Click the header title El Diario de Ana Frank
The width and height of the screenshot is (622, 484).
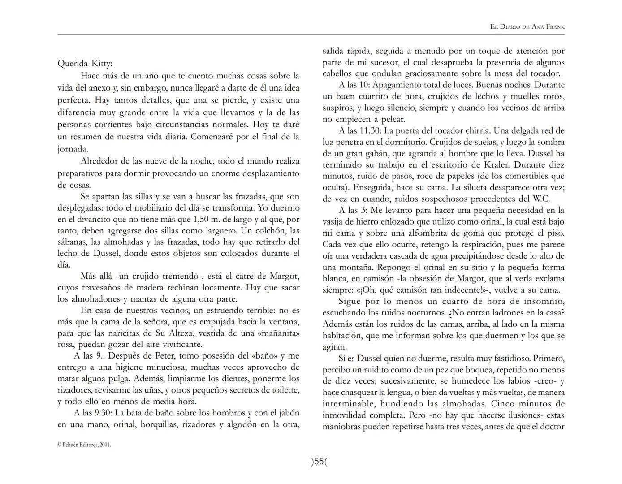[x=527, y=27]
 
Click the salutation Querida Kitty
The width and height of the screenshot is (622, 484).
[x=85, y=63]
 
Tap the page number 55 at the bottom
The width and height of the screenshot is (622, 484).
[x=319, y=462]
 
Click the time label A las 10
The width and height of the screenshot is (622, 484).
[x=354, y=85]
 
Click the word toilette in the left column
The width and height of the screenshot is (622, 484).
[x=285, y=390]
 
